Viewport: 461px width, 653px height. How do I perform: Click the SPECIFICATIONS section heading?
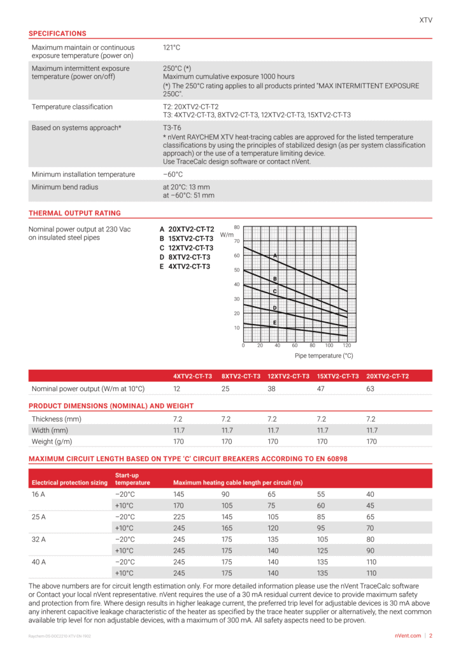pos(57,33)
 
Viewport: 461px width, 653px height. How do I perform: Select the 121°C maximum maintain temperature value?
pos(172,48)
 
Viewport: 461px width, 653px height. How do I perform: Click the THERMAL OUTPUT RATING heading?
pos(74,213)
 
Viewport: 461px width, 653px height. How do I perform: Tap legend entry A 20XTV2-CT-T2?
pos(187,228)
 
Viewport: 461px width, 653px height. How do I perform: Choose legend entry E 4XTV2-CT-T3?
pos(185,267)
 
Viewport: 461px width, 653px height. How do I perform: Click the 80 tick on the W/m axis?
pos(236,226)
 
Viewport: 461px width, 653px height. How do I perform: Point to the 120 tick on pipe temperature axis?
pos(346,345)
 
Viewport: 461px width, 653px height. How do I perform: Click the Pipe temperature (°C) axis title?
pos(323,355)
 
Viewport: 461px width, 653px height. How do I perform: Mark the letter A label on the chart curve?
pos(275,255)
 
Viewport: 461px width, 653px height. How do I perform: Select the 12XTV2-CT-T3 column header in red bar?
pos(288,376)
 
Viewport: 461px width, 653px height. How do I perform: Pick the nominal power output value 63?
pos(371,388)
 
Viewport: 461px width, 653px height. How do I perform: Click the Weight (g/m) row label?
pos(52,441)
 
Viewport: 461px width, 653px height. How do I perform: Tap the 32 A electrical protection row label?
pos(39,539)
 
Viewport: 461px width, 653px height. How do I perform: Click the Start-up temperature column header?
pos(132,479)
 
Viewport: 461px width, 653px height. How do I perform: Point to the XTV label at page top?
pos(425,20)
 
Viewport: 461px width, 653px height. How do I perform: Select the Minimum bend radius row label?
pos(65,187)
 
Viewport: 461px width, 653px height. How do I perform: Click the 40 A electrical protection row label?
pos(39,562)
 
